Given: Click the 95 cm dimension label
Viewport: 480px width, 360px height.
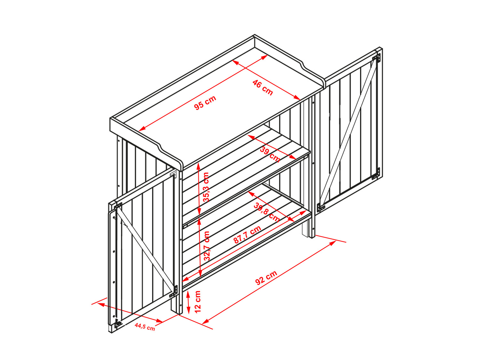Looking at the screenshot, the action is point(205,102).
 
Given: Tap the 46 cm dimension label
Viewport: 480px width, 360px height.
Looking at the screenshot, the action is point(263,88).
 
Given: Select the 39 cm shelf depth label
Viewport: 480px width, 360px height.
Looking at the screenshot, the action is point(270,155).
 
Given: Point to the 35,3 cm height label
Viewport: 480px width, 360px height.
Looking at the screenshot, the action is point(206,187).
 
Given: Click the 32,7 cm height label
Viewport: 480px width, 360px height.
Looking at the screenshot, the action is point(207,246).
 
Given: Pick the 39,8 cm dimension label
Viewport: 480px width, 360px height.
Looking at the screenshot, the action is point(267,212).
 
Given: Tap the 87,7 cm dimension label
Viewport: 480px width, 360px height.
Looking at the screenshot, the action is point(247,235).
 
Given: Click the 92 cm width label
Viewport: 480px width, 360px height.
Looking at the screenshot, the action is point(266,277).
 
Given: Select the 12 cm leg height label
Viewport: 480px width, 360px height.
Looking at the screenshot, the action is point(197,302).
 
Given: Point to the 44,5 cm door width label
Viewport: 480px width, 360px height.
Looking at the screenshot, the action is point(145,327).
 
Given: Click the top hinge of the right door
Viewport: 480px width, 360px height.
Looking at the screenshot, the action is point(376,58).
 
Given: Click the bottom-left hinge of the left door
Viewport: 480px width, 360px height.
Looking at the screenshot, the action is point(118,324).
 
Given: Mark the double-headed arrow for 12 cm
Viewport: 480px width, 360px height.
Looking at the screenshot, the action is point(188,303).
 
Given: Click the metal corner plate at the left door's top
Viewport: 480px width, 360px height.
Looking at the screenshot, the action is point(173,174).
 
